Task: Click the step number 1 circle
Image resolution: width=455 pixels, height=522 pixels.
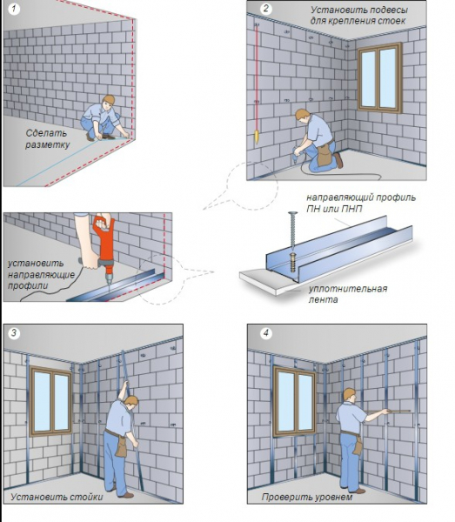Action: coord(14,8)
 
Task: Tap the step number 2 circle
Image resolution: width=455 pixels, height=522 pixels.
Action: coord(266,9)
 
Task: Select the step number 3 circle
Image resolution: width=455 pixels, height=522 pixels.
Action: coord(14,333)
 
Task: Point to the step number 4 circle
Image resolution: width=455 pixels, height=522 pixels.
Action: coord(266,333)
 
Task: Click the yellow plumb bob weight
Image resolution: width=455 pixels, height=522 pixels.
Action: coord(257,137)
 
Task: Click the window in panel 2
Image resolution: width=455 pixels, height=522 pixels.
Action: coord(380,78)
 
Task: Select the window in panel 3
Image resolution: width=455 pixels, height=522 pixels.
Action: coord(51,401)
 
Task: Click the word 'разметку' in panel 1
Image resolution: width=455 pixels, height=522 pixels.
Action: coord(48,144)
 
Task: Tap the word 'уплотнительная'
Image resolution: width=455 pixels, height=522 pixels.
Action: coord(348,289)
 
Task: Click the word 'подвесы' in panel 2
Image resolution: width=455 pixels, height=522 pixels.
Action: coord(388,10)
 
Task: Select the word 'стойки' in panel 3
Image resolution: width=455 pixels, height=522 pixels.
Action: coord(86,497)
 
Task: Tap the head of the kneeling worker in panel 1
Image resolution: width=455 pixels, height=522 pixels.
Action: coord(108,101)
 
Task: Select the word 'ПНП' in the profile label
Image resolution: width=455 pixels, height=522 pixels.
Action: coord(351,209)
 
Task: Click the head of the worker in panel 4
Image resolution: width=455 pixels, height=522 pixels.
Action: coord(350,395)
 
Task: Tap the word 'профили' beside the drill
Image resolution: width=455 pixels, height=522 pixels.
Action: coord(28,286)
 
